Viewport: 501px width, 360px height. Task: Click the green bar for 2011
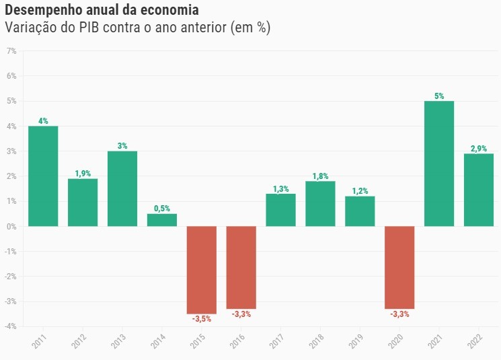pyautogui.click(x=43, y=176)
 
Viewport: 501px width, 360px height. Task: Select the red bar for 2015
pyautogui.click(x=202, y=270)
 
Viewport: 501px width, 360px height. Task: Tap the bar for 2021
pyautogui.click(x=439, y=164)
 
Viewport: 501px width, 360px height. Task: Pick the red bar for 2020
pyautogui.click(x=399, y=267)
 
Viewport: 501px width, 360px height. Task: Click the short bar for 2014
pyautogui.click(x=162, y=220)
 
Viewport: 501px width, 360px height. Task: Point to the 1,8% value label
pyautogui.click(x=320, y=176)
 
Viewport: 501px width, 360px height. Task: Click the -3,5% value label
pyautogui.click(x=201, y=319)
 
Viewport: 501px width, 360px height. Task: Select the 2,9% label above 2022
pyautogui.click(x=479, y=149)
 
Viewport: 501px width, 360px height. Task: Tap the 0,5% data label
pyautogui.click(x=162, y=209)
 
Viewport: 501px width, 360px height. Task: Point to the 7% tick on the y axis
pyautogui.click(x=11, y=51)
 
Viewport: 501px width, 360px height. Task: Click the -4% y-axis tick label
pyautogui.click(x=10, y=327)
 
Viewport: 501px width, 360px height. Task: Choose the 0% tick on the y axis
pyautogui.click(x=11, y=227)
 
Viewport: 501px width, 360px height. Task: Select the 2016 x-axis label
pyautogui.click(x=237, y=341)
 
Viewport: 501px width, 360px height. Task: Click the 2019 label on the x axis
pyautogui.click(x=356, y=341)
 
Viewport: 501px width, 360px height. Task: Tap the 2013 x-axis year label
pyautogui.click(x=118, y=341)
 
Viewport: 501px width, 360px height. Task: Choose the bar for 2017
pyautogui.click(x=280, y=210)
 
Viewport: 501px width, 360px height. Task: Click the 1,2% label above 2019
pyautogui.click(x=360, y=191)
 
